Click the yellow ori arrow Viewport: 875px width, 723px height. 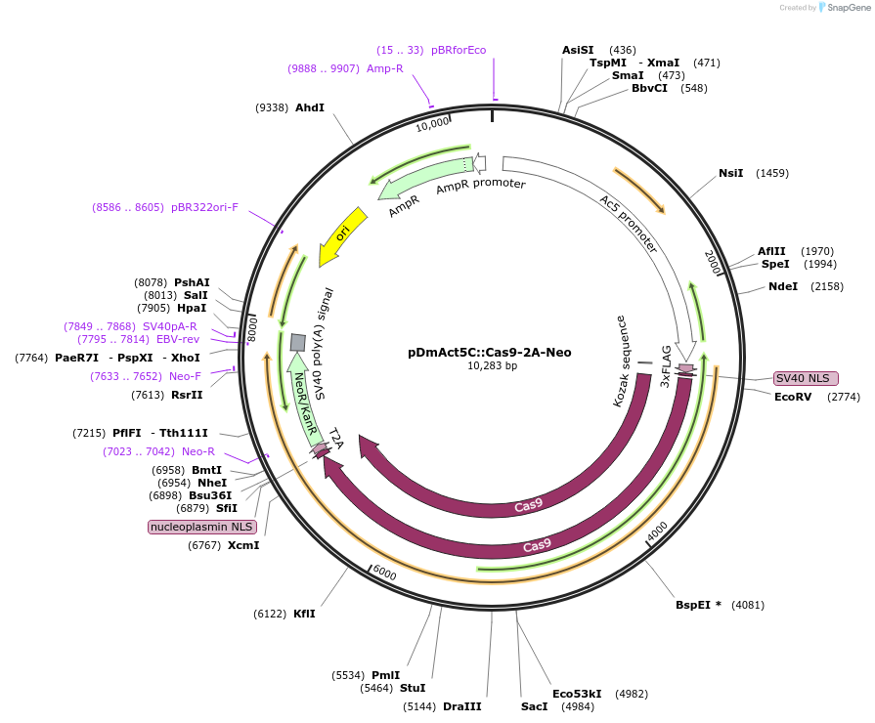click(x=341, y=235)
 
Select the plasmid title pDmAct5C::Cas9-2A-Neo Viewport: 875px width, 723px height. click(x=490, y=353)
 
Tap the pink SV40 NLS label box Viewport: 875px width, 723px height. click(x=806, y=378)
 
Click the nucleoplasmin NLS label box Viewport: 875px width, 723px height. click(x=201, y=527)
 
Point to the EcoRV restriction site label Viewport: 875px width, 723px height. click(x=793, y=397)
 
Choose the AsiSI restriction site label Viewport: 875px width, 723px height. click(x=578, y=50)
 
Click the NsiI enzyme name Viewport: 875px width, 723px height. click(x=731, y=173)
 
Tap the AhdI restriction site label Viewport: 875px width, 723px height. click(x=310, y=107)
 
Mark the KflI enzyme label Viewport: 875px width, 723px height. click(x=304, y=614)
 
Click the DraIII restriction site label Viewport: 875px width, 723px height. click(x=462, y=705)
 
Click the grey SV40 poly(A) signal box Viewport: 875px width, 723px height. click(x=298, y=342)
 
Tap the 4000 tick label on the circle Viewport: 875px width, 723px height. click(x=657, y=528)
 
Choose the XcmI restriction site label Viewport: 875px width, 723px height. click(x=243, y=545)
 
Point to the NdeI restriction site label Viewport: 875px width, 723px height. click(x=783, y=286)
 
